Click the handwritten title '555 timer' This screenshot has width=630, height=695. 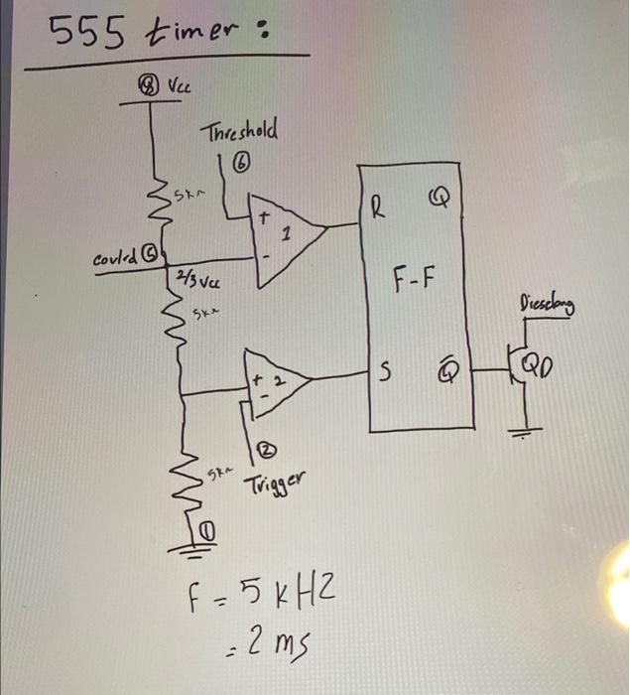coord(149,38)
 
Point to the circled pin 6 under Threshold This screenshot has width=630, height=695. coord(239,162)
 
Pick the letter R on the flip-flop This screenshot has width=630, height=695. coord(379,208)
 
